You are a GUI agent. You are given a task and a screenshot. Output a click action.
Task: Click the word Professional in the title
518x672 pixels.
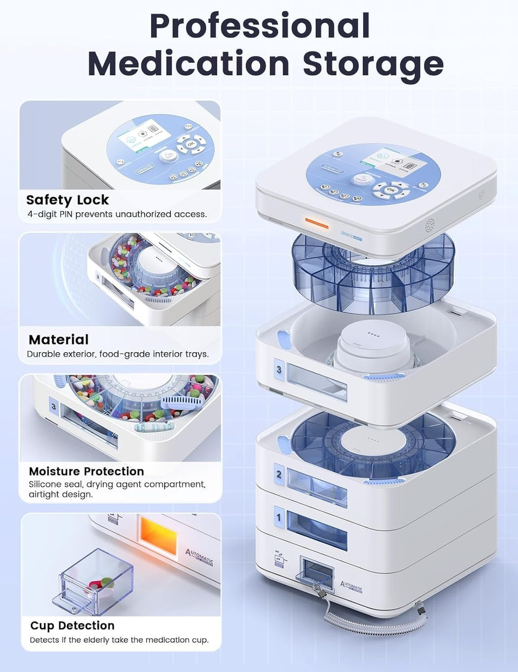pos(260,26)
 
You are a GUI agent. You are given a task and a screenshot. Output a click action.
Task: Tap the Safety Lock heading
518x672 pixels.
pos(67,200)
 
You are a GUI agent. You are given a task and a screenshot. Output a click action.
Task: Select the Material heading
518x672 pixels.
pos(59,340)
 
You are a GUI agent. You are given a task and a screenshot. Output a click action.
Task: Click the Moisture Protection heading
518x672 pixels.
pos(87,471)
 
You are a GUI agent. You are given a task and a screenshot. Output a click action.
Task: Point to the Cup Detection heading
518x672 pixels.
pos(72,626)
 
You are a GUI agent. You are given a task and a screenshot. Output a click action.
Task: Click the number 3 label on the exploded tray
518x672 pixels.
pos(279,370)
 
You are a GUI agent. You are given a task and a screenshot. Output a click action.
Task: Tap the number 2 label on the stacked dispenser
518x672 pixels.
pos(279,474)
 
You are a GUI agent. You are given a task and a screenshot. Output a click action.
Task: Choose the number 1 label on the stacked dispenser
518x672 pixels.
pos(278,517)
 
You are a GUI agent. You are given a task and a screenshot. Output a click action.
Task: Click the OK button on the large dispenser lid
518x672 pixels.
pos(391,190)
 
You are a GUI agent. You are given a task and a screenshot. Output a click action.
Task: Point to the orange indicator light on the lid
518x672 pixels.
pos(316,223)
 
